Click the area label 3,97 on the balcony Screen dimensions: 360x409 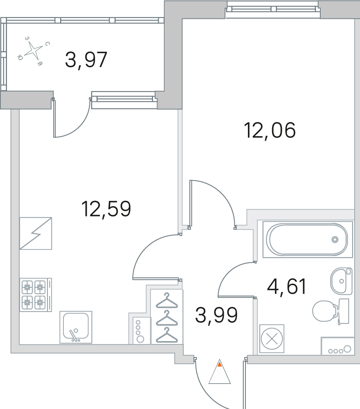[86, 60]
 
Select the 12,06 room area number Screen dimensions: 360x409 [270, 130]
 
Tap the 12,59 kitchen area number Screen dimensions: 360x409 [106, 209]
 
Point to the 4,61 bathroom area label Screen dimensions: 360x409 [286, 286]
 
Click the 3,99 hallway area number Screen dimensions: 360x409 [216, 315]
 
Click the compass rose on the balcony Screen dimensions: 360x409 [34, 50]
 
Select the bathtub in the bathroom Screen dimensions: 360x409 [308, 239]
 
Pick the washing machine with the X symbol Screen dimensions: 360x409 [272, 339]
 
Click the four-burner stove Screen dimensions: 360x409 [36, 295]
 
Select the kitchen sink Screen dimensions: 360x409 [76, 327]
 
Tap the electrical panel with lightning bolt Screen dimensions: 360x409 [36, 233]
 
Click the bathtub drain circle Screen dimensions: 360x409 [335, 239]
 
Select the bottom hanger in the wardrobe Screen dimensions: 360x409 [166, 335]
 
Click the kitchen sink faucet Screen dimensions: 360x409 [74, 335]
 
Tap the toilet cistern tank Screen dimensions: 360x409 [344, 311]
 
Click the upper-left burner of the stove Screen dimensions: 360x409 [27, 288]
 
